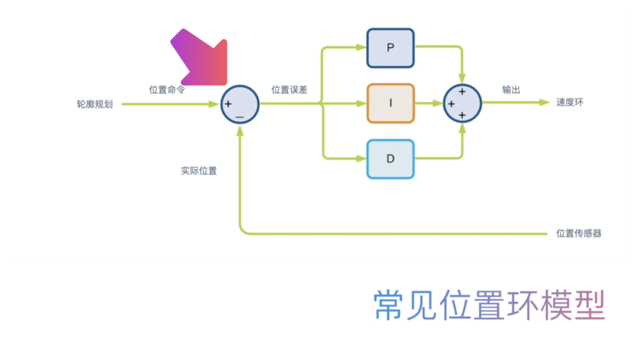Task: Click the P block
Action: click(x=391, y=48)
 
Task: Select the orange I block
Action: click(x=391, y=103)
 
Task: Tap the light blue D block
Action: click(x=391, y=159)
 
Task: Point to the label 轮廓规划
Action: click(x=95, y=104)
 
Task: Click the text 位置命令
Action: click(x=166, y=90)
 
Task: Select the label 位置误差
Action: click(x=289, y=90)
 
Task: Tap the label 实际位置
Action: click(x=199, y=170)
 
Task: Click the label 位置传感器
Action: click(x=578, y=233)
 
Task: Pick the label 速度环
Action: click(x=569, y=102)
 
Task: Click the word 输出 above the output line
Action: click(x=511, y=90)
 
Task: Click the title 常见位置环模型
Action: click(x=489, y=305)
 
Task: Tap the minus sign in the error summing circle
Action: click(x=240, y=118)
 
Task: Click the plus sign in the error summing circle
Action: click(x=228, y=104)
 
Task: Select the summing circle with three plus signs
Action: click(x=462, y=103)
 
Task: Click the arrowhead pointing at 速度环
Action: click(x=544, y=102)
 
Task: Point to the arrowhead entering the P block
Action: click(x=362, y=48)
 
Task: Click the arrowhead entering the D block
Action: click(x=362, y=159)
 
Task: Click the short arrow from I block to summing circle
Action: click(x=429, y=103)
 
